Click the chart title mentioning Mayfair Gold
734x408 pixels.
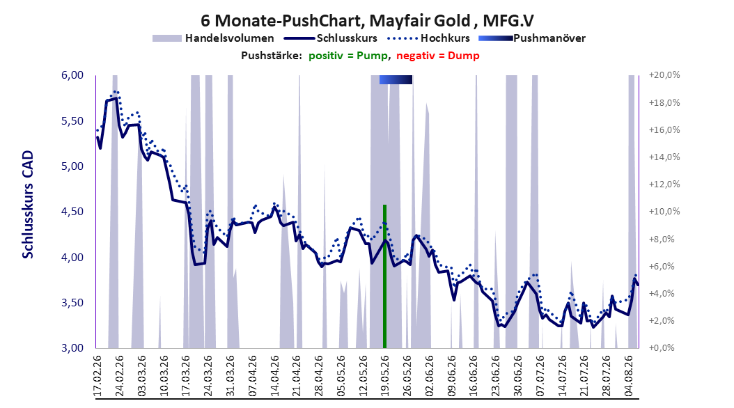coord(367,21)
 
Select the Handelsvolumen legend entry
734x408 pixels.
coord(213,38)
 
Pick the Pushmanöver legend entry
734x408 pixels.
coord(532,38)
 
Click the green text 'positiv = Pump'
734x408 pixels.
coord(348,56)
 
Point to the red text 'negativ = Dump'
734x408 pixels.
coord(438,56)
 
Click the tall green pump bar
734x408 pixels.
coord(385,276)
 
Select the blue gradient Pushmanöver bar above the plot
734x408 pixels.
coord(396,79)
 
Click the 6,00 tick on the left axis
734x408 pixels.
coord(72,75)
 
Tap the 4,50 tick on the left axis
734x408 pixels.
coord(72,212)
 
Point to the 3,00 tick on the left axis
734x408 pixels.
coord(72,348)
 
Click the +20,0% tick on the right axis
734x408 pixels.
coord(664,75)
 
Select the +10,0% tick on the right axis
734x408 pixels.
coord(664,212)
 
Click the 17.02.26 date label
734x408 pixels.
coord(97,376)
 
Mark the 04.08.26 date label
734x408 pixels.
coord(629,376)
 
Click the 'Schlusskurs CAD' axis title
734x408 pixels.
coord(28,205)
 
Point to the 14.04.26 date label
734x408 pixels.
coord(274,376)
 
